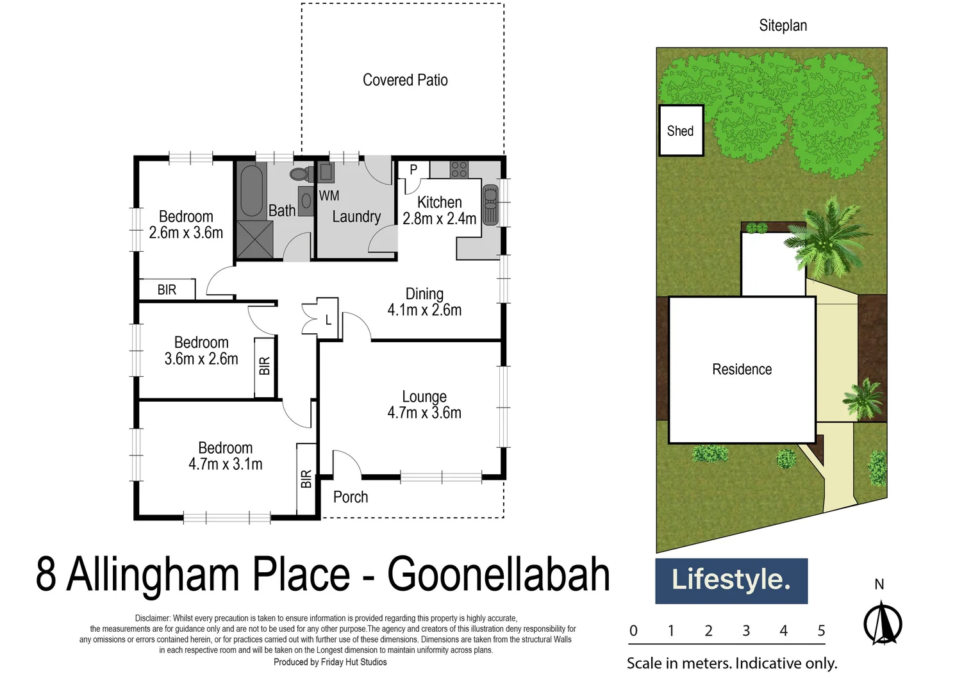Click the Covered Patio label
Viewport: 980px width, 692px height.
coord(405,80)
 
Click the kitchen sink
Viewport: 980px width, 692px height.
coord(490,204)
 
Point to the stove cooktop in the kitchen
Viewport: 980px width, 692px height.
coord(459,169)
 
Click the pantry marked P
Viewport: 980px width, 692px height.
coord(413,170)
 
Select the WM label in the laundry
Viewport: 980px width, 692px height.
coord(329,195)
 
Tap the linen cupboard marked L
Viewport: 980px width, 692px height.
coord(328,320)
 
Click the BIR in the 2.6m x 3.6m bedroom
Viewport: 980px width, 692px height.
coord(167,290)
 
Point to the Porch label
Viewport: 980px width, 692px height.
coord(351,497)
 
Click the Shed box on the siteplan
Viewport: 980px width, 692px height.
coord(681,131)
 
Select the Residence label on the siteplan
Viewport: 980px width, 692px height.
coord(742,369)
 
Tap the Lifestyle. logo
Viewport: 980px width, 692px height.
coord(731,581)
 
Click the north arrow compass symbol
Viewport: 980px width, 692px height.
coord(883,623)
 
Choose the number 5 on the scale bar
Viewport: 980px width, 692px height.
coord(821,631)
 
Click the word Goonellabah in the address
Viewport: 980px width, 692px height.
coord(499,574)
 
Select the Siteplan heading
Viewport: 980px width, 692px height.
coord(783,26)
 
